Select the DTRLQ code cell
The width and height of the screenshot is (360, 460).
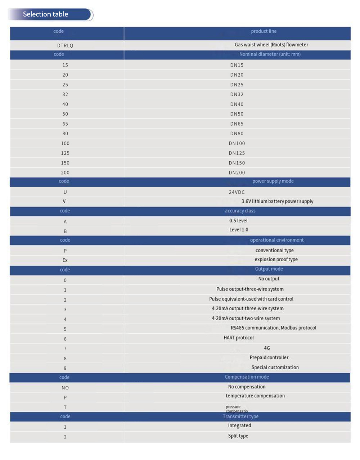[65, 45]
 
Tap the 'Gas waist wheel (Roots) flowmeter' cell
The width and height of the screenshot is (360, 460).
[271, 45]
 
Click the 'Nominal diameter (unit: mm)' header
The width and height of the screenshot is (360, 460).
[270, 54]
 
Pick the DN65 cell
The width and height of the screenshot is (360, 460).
[237, 124]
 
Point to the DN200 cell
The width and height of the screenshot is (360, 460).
[237, 173]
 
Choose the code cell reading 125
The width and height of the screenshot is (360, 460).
[65, 153]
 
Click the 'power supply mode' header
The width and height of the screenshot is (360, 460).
[273, 181]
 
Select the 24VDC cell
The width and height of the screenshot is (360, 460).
[237, 192]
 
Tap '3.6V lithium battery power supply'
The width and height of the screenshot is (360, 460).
[277, 201]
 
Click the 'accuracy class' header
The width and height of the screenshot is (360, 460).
[240, 211]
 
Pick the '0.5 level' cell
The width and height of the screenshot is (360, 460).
[238, 221]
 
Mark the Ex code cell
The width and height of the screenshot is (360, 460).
[65, 260]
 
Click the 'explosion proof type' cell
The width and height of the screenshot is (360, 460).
[276, 260]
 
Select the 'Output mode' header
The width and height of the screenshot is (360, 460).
[269, 269]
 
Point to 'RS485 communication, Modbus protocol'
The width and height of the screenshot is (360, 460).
[274, 328]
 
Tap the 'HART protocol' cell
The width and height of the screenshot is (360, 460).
[239, 338]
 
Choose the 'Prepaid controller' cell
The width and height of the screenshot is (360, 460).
[269, 357]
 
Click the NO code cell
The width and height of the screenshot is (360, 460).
[65, 388]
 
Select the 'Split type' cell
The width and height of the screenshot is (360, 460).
[238, 436]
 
